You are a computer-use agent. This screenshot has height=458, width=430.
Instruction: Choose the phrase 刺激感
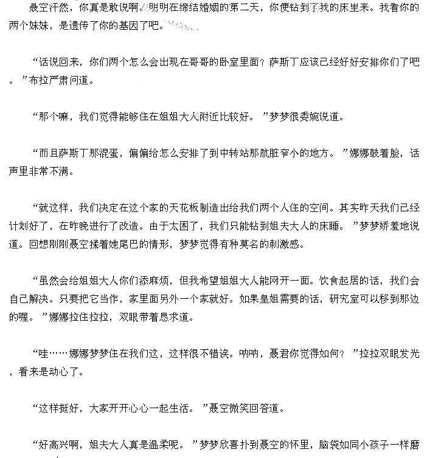click(284, 244)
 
